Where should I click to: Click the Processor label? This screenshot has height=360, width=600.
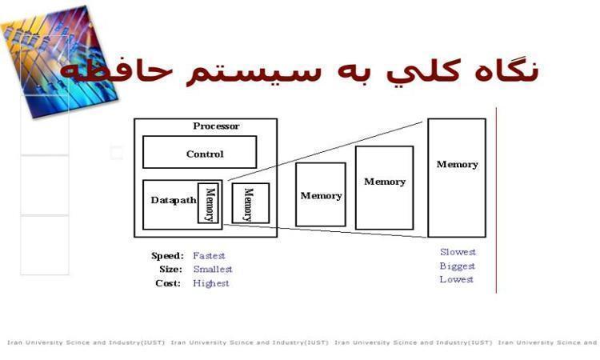point(216,126)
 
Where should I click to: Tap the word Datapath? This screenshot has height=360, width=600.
point(174,200)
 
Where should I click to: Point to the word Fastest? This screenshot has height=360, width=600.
point(209,255)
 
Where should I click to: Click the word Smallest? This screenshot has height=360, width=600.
point(213,270)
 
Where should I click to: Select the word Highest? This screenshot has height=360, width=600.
point(211,283)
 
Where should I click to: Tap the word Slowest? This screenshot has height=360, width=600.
point(458,252)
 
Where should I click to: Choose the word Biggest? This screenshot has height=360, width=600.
point(458,266)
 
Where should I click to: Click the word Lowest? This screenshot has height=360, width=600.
point(457,279)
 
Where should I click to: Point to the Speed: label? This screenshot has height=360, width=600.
point(168,255)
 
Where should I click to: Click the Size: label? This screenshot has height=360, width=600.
point(170,270)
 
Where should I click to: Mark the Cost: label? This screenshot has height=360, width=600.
point(168,283)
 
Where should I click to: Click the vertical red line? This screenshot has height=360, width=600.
point(496,201)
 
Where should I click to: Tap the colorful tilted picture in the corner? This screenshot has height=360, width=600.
point(59,62)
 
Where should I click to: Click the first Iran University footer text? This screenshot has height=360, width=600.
point(86,342)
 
